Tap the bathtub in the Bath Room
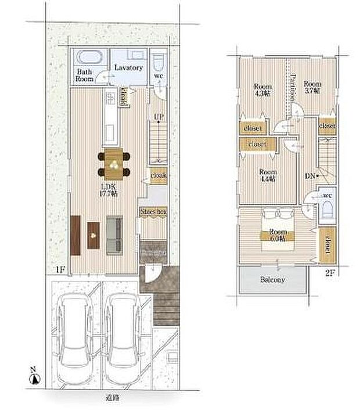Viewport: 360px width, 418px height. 90,58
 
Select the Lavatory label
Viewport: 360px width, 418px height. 128,67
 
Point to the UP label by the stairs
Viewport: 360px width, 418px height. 157,117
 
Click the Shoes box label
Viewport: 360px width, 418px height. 154,213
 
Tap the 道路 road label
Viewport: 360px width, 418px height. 112,398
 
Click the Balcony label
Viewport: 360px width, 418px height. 272,279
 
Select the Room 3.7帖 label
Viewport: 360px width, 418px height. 312,87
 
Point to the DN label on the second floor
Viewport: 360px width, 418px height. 309,174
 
